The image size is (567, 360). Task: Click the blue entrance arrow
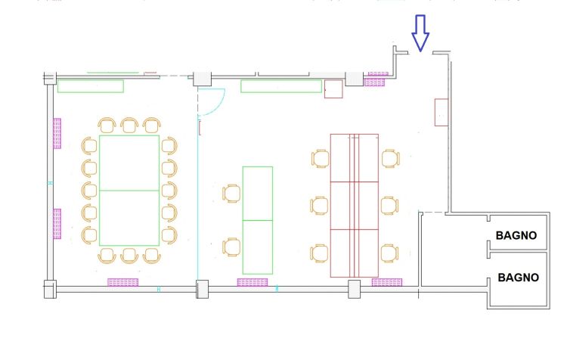coord(420,34)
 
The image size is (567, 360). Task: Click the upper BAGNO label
coord(516,235)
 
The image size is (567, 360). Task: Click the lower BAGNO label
coord(518,278)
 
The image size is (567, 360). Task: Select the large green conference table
coord(129,190)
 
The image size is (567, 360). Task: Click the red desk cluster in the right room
coord(354,205)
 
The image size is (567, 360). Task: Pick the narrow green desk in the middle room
coord(257,219)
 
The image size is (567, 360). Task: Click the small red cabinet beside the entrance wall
coord(442,112)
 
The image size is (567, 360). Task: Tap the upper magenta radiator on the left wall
coord(57,133)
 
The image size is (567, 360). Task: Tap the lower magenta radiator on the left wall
coord(57,223)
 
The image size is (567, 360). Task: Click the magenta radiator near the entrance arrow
coord(376,79)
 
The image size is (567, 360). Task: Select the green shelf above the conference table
coord(91,86)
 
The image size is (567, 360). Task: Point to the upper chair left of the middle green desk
coord(231,193)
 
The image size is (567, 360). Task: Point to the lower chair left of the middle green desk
coord(231,247)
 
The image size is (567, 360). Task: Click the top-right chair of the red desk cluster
coord(389,159)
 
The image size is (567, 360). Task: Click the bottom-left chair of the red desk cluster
coord(320,253)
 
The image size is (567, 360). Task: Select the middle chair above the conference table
coord(129,125)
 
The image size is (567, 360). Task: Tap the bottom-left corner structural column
coord(50,289)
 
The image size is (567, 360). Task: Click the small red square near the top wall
coord(333,90)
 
